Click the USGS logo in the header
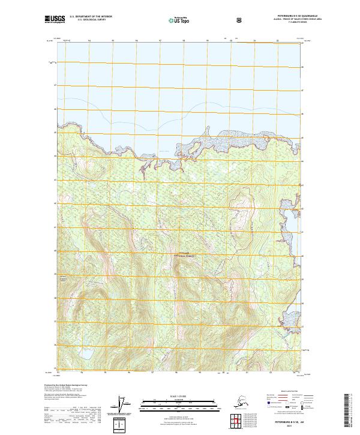pyautogui.click(x=54, y=19)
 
